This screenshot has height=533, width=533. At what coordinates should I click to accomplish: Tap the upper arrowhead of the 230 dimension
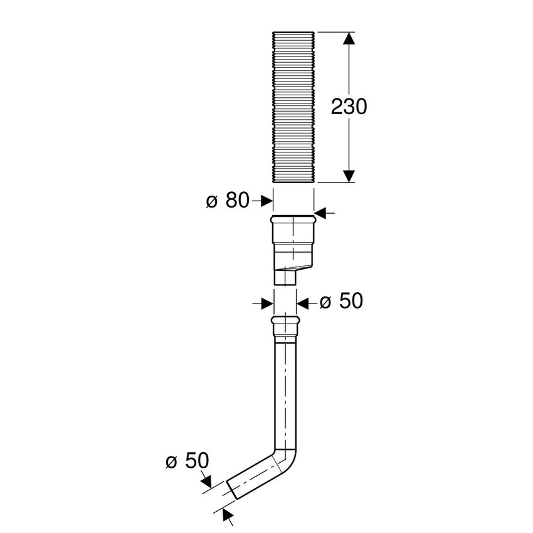(x=350, y=39)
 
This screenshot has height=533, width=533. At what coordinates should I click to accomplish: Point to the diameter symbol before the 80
(x=211, y=201)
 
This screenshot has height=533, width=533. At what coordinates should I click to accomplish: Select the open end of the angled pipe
(x=231, y=490)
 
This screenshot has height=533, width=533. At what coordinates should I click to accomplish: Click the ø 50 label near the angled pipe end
(x=187, y=462)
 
